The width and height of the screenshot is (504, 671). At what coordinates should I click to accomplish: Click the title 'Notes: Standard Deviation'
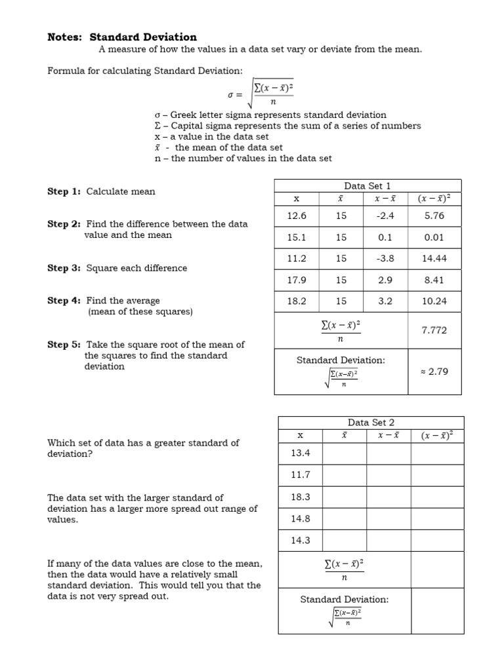(122, 37)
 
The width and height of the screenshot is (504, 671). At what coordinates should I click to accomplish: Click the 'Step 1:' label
(64, 191)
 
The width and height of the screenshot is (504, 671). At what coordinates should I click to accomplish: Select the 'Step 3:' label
(64, 268)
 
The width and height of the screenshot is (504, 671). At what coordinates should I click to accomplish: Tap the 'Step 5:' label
(64, 345)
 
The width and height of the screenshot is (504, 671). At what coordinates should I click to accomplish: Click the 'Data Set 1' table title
(367, 186)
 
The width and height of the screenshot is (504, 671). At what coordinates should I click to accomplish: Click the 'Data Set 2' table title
(371, 423)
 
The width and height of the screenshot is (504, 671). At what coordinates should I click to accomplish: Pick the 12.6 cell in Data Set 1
(297, 215)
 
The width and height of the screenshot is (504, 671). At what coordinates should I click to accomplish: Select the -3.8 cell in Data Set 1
(385, 258)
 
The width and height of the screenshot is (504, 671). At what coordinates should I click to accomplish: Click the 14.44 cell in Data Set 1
(434, 258)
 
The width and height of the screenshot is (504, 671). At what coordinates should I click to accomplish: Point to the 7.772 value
(434, 330)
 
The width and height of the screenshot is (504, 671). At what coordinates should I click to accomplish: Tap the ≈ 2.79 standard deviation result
(434, 372)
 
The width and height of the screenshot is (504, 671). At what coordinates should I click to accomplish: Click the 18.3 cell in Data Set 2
(300, 497)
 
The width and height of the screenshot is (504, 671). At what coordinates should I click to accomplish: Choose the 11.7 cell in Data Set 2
(300, 474)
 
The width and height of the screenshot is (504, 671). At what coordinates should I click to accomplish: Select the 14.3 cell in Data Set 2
(300, 541)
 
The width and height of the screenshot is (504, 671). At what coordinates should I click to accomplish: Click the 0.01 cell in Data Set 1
(434, 237)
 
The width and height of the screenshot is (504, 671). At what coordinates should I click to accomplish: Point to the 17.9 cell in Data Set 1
(297, 280)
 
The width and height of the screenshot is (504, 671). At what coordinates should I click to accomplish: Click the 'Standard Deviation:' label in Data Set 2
(345, 599)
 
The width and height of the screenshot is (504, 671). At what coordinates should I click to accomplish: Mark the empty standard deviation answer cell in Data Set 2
(438, 609)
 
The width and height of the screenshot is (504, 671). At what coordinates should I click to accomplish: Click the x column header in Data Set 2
(300, 435)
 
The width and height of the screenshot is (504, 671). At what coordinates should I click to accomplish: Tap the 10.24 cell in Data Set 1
(434, 301)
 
